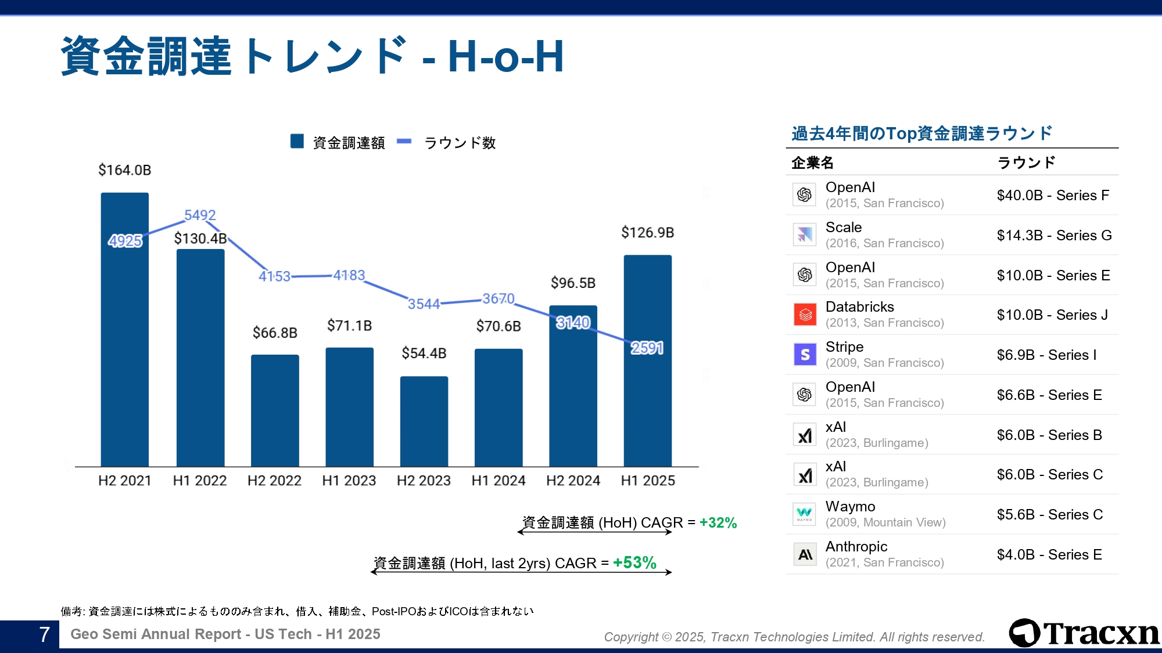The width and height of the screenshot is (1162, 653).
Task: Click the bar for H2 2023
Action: pos(424,421)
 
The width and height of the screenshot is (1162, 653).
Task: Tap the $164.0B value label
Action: pos(124,170)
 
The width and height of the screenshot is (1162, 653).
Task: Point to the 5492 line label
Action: pos(200,215)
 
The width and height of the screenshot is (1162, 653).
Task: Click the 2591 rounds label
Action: pos(647,348)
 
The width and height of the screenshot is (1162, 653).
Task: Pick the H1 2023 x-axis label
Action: pos(349,481)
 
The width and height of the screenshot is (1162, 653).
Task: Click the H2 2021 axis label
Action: pos(124,481)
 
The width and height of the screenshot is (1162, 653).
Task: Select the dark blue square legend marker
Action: pos(297,142)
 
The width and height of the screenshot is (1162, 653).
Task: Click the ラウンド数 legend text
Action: pos(460,143)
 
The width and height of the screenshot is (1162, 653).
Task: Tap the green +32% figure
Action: pos(718,522)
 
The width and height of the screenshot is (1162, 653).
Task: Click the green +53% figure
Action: pos(634,562)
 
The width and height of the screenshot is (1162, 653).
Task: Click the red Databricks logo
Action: pos(805,315)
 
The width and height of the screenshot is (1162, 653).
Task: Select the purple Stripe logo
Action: pos(805,354)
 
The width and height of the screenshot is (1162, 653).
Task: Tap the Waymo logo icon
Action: pos(805,514)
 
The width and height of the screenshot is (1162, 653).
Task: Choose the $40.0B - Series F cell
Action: pos(1053,196)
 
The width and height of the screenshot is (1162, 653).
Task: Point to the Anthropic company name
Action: pos(856,547)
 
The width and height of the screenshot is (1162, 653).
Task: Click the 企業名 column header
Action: pos(812,163)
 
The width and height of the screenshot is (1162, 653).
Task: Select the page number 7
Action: pos(44,634)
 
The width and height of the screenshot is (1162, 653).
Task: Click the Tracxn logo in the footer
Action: pos(1084,633)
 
